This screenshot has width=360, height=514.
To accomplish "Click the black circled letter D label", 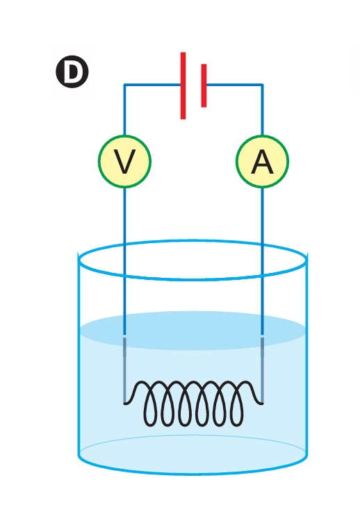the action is [x=72, y=72].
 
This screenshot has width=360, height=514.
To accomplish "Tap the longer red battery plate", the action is [x=183, y=85].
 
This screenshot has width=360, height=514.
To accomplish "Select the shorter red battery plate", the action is [x=204, y=85].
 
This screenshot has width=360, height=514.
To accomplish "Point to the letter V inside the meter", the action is [x=124, y=162].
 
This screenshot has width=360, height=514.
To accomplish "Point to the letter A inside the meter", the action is [x=262, y=162].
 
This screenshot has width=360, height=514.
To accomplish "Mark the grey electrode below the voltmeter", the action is [x=124, y=370].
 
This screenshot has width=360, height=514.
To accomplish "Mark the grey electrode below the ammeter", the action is [x=262, y=370].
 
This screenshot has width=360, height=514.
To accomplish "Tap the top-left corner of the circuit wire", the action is [x=124, y=85].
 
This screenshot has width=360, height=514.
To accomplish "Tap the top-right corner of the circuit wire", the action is [x=262, y=85].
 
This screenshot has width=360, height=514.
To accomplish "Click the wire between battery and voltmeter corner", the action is [x=152, y=85].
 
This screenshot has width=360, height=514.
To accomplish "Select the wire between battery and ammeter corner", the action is [x=234, y=85].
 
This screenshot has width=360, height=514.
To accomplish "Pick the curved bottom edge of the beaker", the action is [x=193, y=474].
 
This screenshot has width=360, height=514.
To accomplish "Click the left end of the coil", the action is [x=124, y=404].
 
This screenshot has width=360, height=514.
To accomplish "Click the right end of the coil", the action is [x=262, y=404].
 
